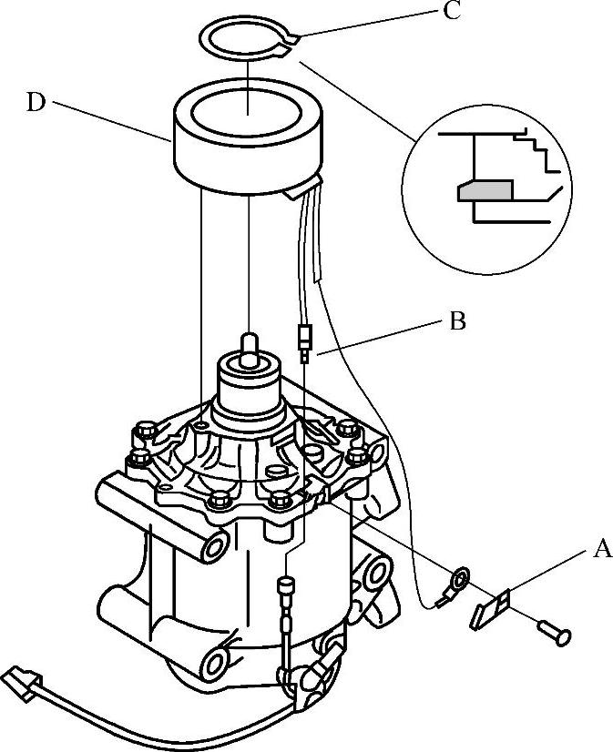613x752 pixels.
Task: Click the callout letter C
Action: click(452, 11)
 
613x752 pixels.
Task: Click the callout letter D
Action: click(36, 102)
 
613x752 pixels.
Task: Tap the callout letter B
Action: click(457, 321)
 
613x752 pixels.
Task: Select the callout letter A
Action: click(602, 549)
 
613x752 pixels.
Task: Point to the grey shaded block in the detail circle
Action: click(485, 190)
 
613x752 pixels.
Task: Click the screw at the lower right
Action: click(554, 632)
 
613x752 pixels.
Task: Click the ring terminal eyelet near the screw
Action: click(459, 578)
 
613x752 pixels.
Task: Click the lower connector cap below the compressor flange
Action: click(286, 585)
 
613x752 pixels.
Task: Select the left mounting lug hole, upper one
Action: click(214, 546)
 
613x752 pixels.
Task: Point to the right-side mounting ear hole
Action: click(377, 574)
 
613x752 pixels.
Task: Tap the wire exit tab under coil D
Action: click(301, 188)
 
